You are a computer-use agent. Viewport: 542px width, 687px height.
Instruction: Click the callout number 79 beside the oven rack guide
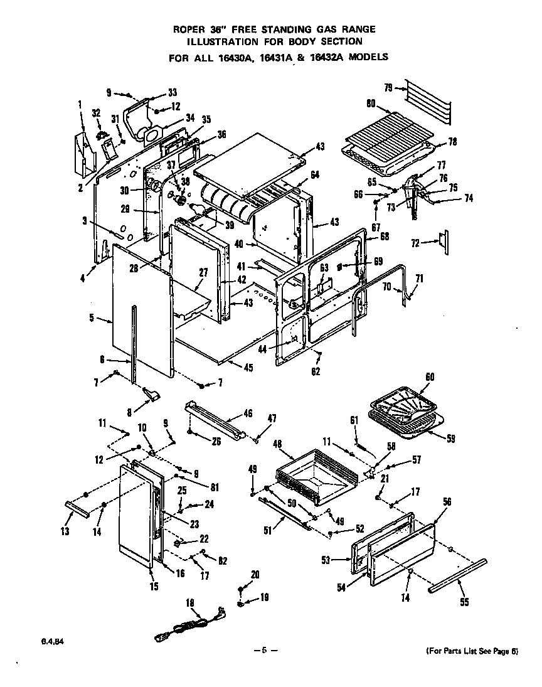[x=388, y=88]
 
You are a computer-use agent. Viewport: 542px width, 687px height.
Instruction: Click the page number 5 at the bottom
[x=265, y=651]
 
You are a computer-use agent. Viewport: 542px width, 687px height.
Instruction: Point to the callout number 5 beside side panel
[x=92, y=318]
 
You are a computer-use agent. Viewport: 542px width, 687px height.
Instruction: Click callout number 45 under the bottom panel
[x=248, y=368]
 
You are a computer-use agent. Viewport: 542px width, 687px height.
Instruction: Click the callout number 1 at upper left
[x=80, y=103]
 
